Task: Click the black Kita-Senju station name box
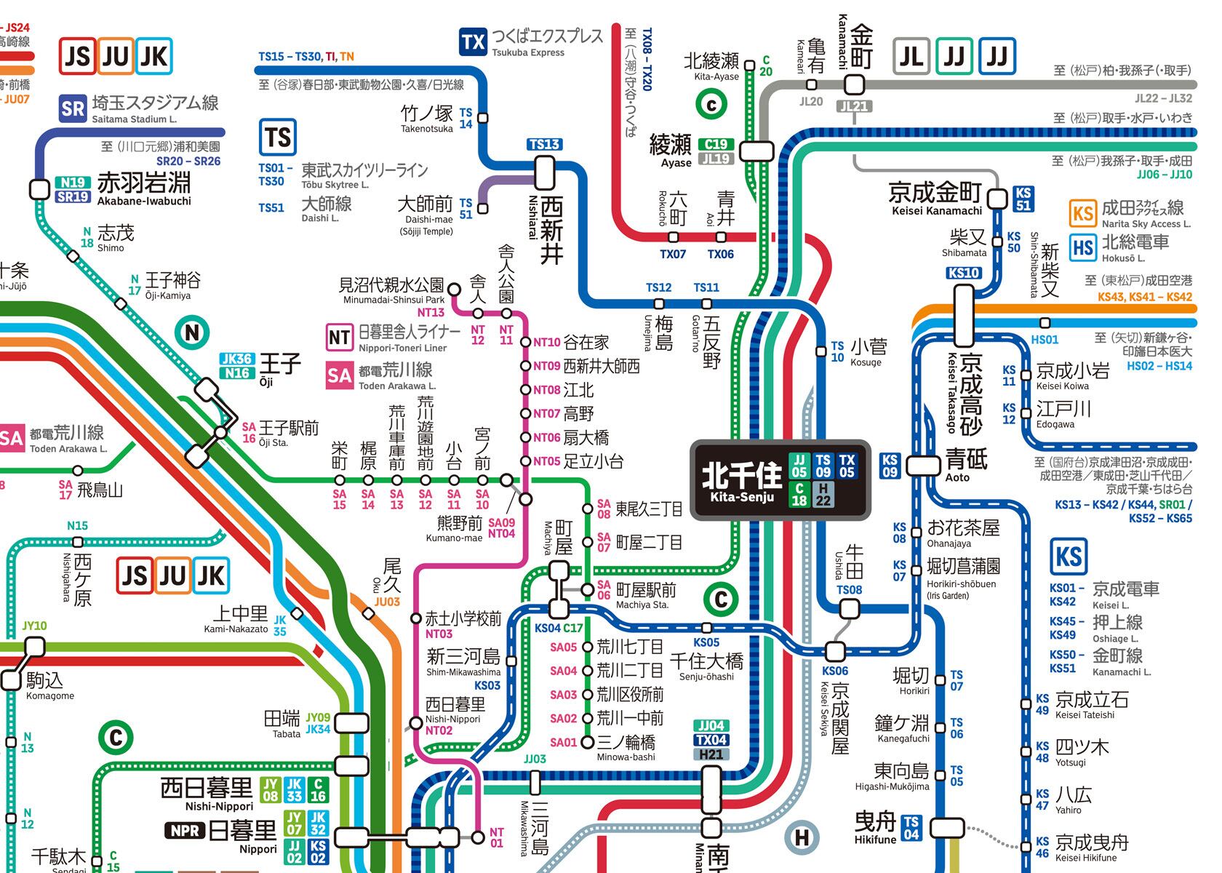click(780, 479)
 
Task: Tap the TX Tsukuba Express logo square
click(473, 42)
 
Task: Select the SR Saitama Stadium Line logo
click(72, 109)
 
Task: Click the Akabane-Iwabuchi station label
click(144, 188)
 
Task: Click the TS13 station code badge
click(544, 144)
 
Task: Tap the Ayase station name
click(670, 149)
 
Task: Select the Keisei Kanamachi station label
click(935, 198)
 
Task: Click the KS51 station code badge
click(1023, 199)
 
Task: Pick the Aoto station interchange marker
click(922, 465)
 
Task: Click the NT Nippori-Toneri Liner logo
click(340, 337)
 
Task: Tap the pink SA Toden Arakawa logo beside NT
click(340, 375)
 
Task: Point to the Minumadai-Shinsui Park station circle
click(454, 290)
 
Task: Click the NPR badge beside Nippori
click(185, 830)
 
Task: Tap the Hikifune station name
click(875, 827)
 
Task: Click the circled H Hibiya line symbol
click(802, 838)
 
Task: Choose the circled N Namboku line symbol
click(192, 333)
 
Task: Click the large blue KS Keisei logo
click(1069, 557)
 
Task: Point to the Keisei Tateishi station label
click(1091, 704)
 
